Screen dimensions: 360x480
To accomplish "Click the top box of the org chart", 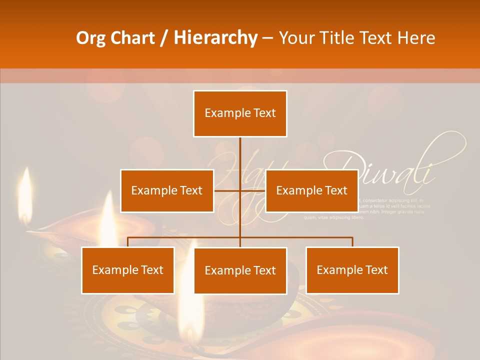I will click(x=240, y=113).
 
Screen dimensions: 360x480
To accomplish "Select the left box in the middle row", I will click(x=167, y=190).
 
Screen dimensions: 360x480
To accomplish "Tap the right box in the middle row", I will click(x=311, y=190).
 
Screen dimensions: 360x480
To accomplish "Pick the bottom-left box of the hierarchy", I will click(x=128, y=270).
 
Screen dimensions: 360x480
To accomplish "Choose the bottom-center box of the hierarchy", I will click(x=240, y=270).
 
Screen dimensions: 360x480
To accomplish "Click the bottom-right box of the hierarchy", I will click(x=352, y=270).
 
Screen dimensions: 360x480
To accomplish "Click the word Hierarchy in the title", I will click(x=215, y=38).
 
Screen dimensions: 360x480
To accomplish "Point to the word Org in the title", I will click(x=90, y=38).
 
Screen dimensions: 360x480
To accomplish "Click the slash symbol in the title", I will click(x=163, y=38).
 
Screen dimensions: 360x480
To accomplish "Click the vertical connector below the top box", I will click(x=240, y=152).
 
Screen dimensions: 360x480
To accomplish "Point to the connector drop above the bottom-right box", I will click(x=352, y=242).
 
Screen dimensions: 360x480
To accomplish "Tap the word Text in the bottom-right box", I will click(x=374, y=270).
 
